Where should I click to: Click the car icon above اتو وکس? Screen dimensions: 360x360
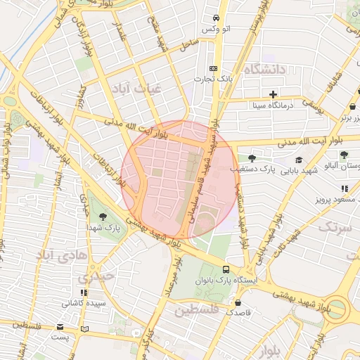coord(215,18)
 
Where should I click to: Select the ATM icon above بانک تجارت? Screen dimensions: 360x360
coord(213,68)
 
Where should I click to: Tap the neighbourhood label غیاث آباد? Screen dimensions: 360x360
coord(137,88)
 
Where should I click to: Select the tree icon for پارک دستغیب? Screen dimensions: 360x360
coord(252,158)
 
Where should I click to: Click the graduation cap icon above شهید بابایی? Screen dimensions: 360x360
coord(299,160)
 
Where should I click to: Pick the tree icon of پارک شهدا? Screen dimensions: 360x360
coord(103,216)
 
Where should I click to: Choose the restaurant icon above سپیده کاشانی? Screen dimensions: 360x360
coord(84,292)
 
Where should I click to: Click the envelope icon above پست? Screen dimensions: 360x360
coord(60,328)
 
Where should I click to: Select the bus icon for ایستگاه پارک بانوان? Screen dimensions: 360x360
coord(226,269)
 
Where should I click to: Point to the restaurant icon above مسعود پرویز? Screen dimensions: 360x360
coord(344,188)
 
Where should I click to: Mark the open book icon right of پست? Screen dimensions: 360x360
coord(85,328)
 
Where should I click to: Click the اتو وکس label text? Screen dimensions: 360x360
coord(216,29)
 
